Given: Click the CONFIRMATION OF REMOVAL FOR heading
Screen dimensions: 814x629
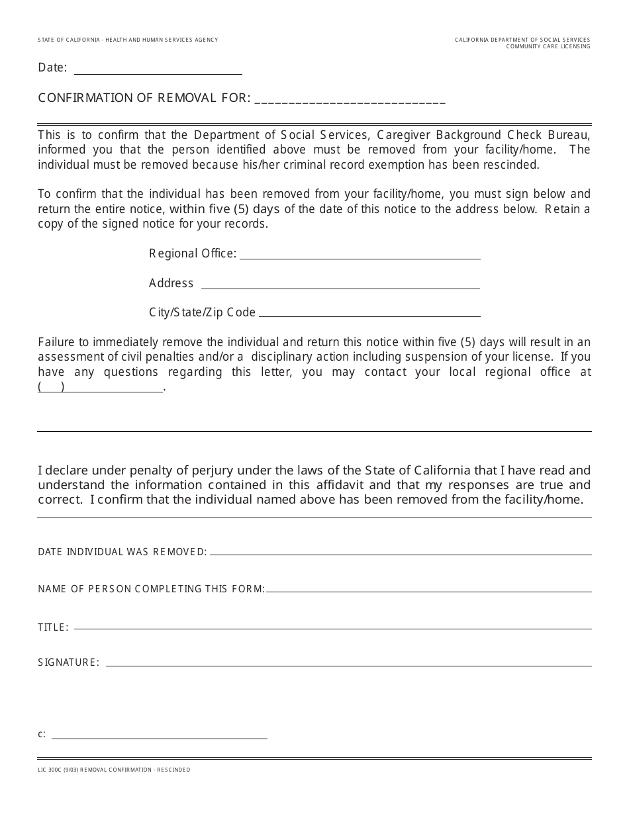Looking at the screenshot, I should click(144, 98).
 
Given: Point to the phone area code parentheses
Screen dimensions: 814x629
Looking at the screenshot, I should click(51, 388).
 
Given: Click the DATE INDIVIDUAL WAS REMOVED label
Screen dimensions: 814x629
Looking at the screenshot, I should click(122, 552).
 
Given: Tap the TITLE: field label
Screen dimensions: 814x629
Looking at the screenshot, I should click(53, 627).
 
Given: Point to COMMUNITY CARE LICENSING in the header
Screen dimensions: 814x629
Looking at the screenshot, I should click(548, 46).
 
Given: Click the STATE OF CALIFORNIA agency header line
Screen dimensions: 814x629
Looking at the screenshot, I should click(128, 40).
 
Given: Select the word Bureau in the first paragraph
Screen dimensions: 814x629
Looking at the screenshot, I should click(568, 135).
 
